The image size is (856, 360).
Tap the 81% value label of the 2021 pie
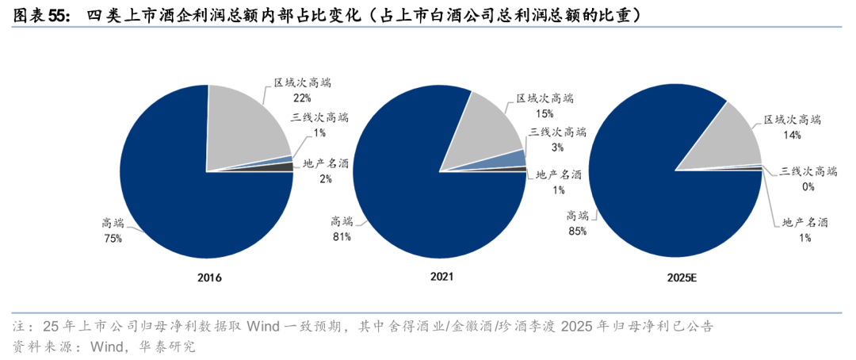(342, 236)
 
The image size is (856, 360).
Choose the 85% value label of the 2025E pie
(577, 231)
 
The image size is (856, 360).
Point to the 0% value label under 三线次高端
(808, 187)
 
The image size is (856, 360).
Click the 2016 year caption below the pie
(210, 278)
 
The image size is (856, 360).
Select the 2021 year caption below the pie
(441, 278)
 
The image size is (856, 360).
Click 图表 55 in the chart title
(40, 15)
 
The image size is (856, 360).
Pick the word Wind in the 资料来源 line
(108, 347)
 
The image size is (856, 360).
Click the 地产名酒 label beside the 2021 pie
(559, 174)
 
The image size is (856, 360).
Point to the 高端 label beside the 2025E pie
(577, 215)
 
